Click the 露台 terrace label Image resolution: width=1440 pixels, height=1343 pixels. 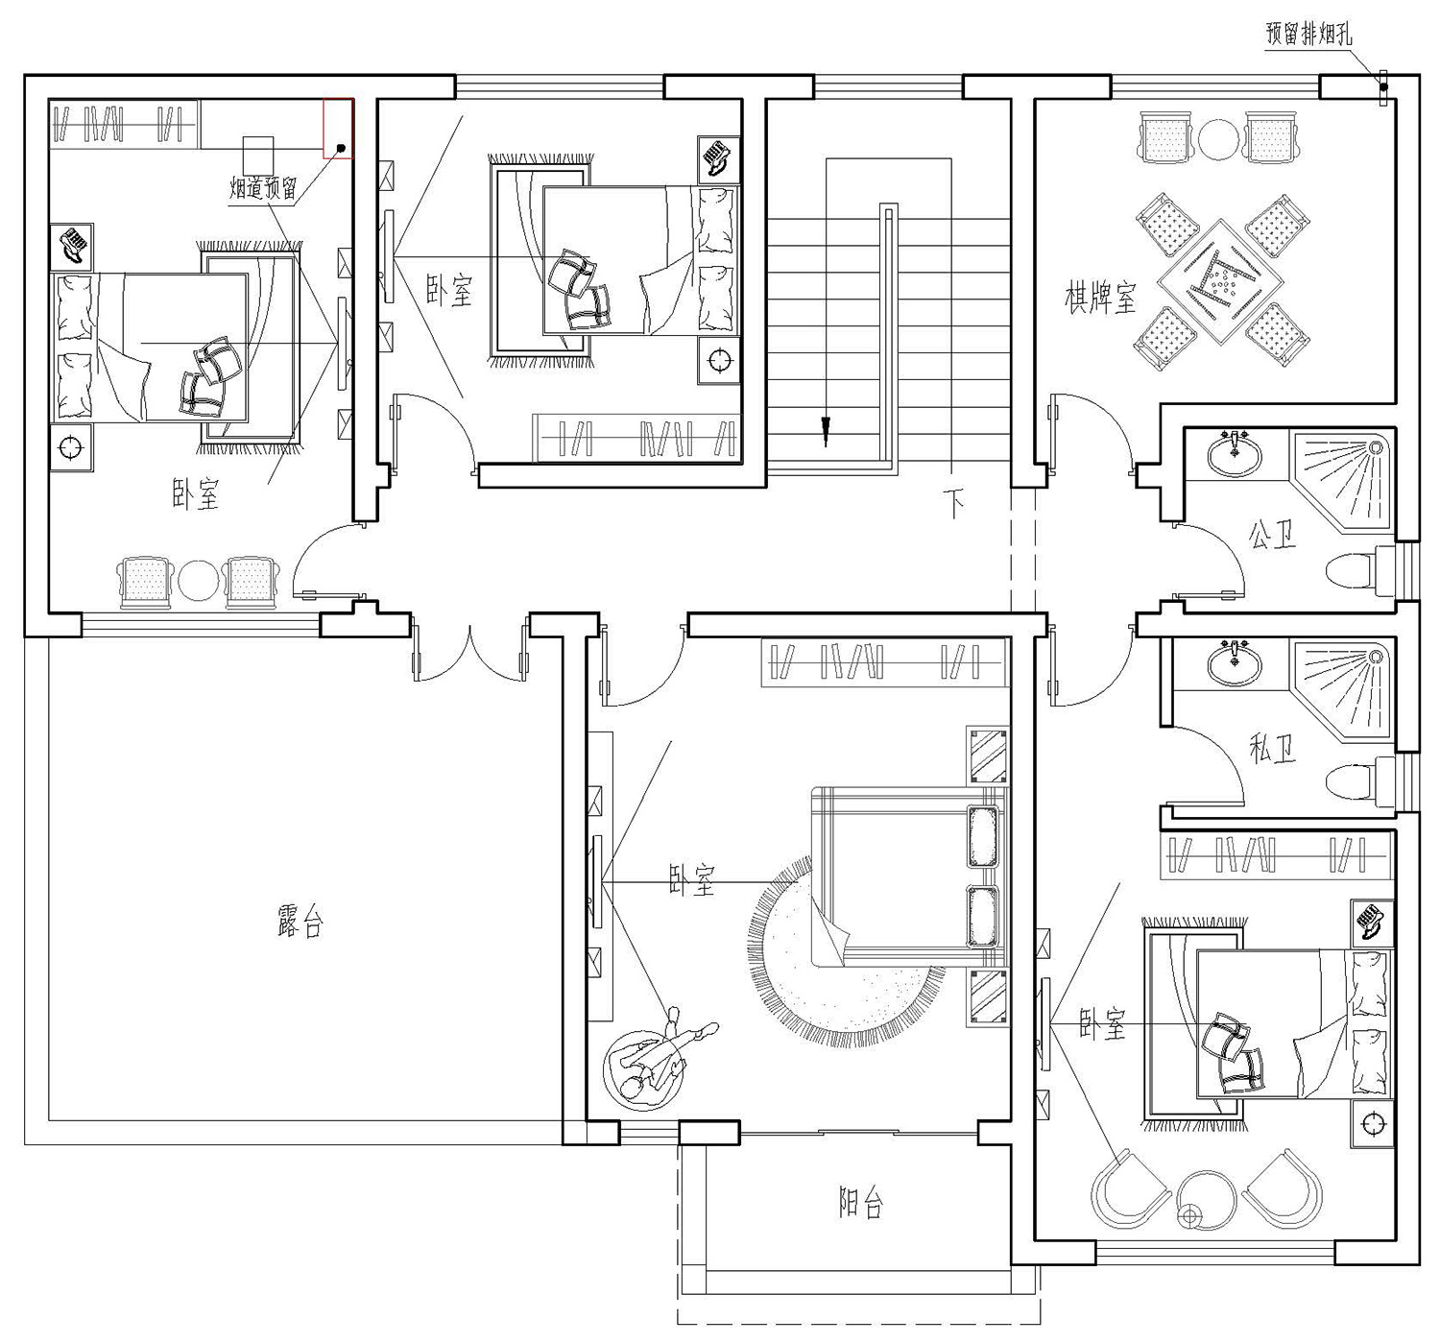(300, 921)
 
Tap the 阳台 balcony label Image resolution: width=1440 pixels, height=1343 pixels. (861, 1202)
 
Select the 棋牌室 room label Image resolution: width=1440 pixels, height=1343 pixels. (1100, 297)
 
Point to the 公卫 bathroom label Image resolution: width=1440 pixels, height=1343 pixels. (1272, 534)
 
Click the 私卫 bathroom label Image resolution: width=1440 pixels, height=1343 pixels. (1272, 748)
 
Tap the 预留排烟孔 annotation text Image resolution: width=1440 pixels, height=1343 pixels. (1308, 34)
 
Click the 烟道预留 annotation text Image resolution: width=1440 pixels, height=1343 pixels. (262, 188)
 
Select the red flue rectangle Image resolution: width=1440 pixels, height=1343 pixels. (338, 129)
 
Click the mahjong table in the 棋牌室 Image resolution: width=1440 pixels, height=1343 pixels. (1222, 280)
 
